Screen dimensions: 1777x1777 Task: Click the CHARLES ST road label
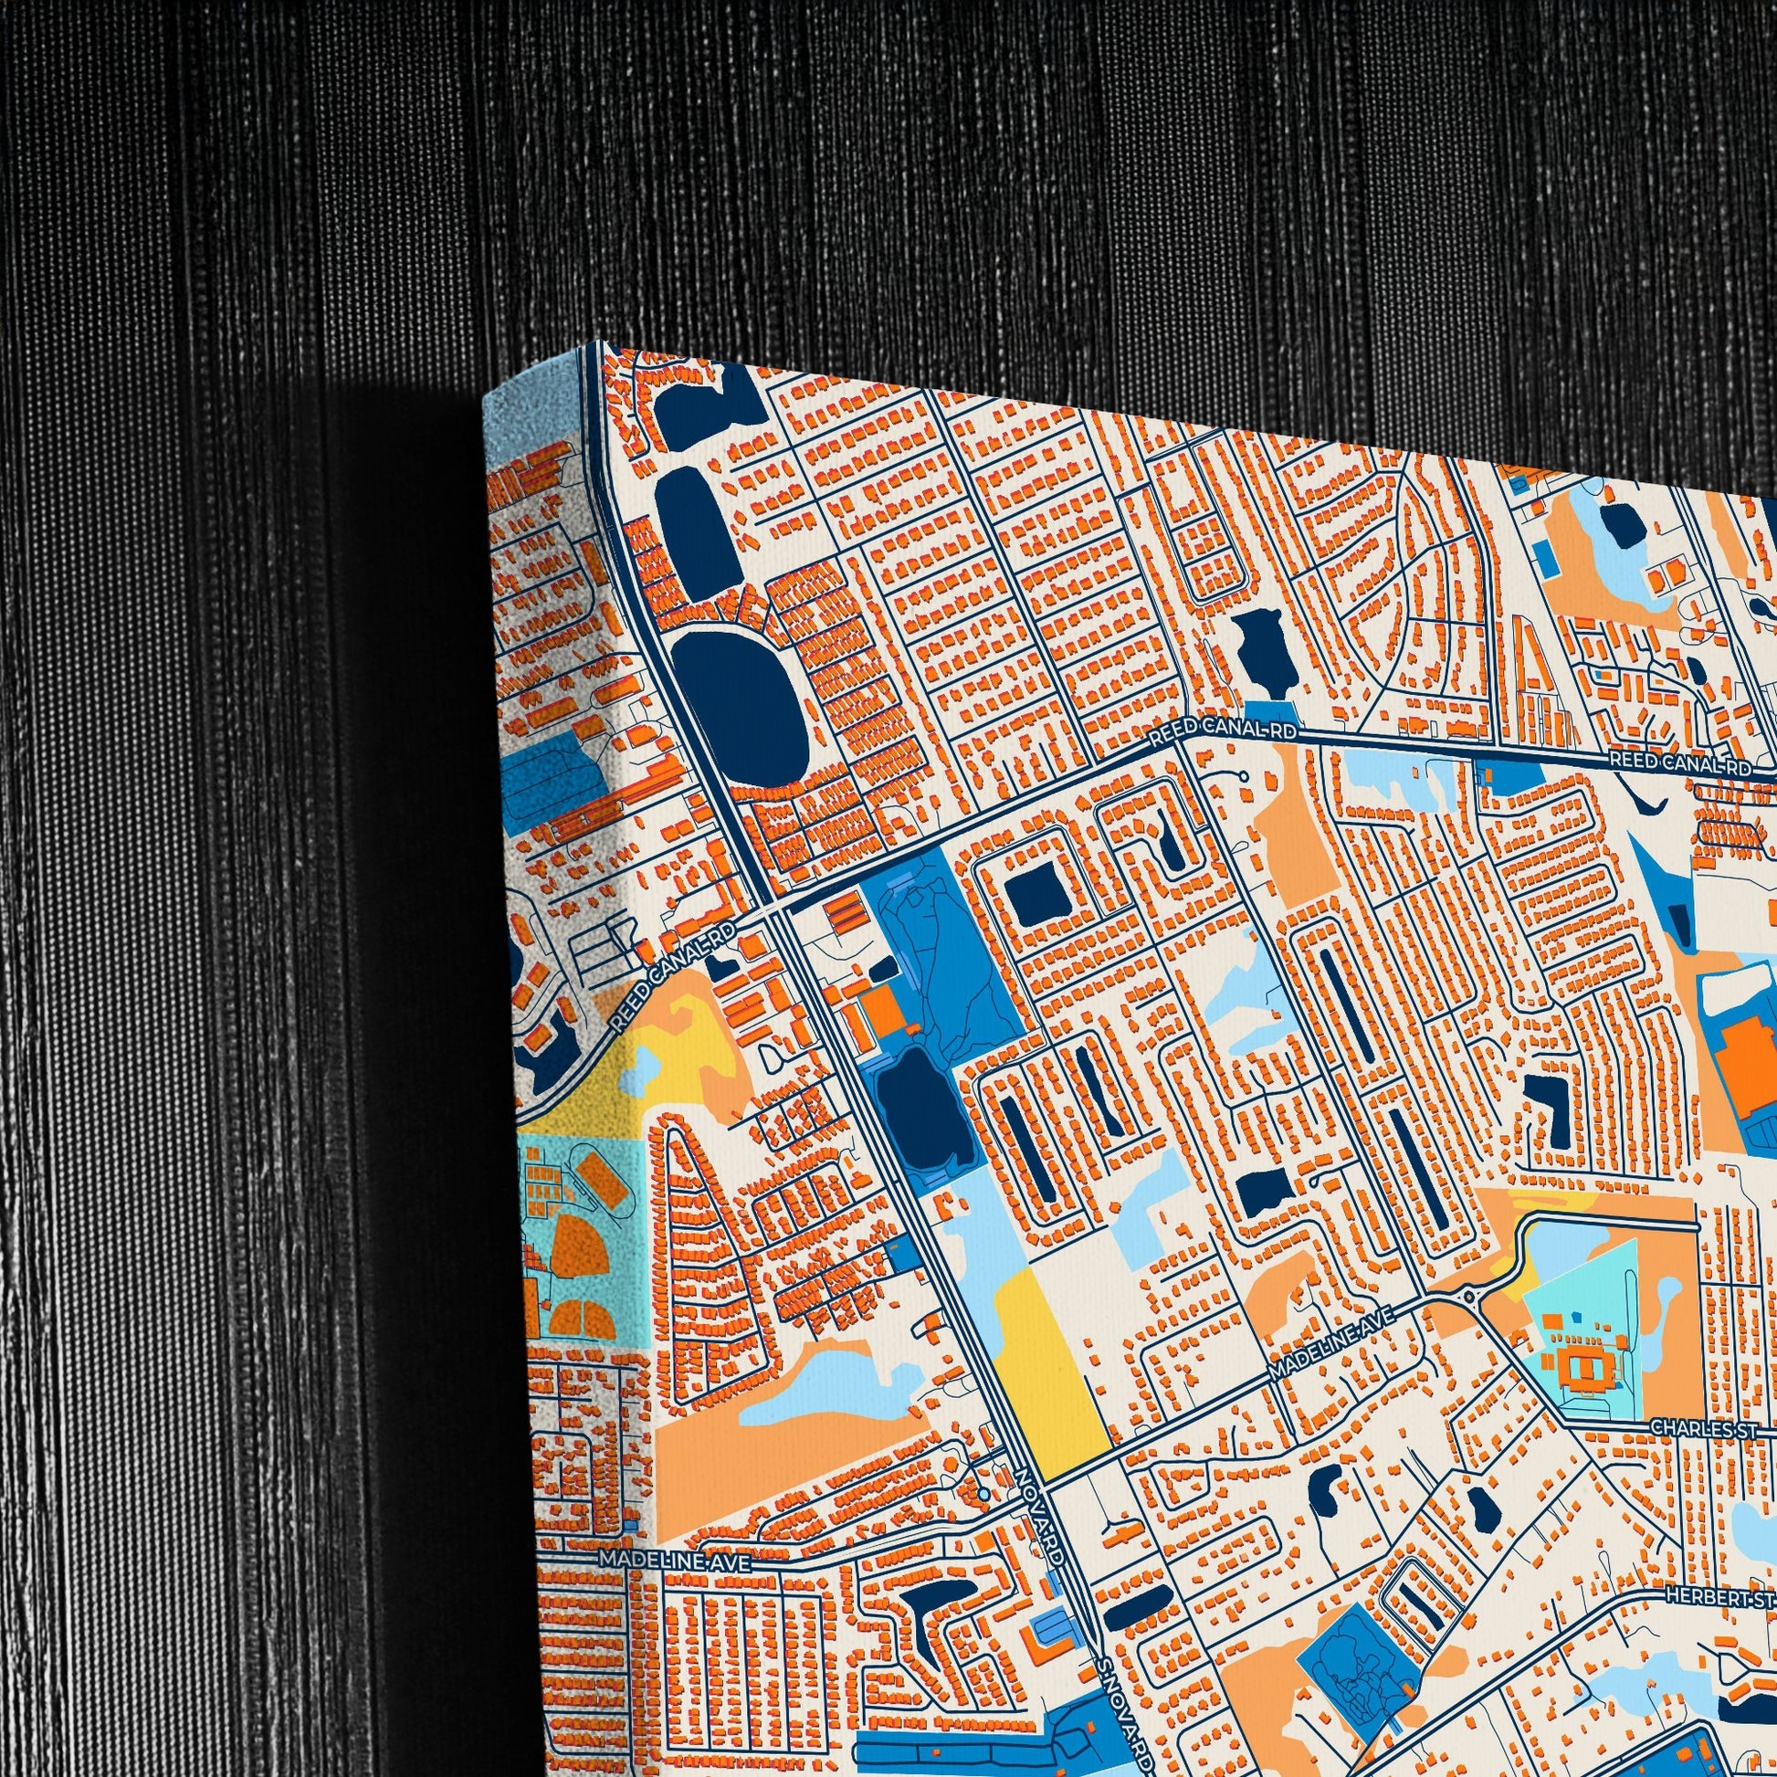(1704, 1427)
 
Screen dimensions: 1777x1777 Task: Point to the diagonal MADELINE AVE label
(1331, 1345)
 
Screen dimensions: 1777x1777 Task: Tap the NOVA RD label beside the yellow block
(1041, 1516)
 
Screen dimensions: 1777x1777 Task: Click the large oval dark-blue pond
(741, 707)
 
